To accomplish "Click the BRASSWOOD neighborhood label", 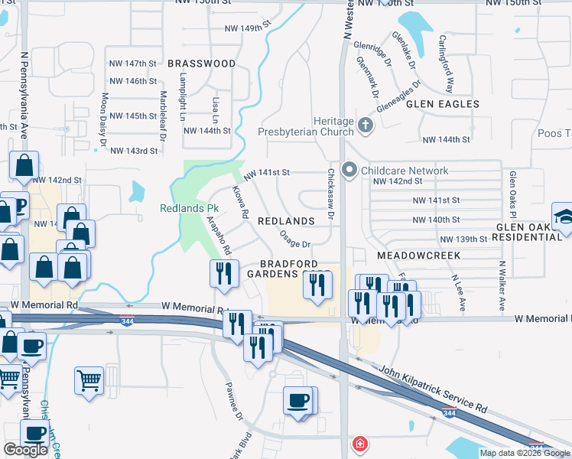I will [201, 64].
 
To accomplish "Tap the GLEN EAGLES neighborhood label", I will [442, 104].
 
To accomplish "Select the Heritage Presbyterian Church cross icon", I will [366, 124].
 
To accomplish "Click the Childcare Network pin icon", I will [350, 170].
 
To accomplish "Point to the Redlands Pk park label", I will [189, 208].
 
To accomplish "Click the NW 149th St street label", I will [248, 28].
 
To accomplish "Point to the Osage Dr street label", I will [294, 239].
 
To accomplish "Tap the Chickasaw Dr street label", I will [331, 195].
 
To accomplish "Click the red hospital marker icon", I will [359, 444].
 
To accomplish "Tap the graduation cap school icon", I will [563, 214].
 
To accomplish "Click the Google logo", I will [25, 450].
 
